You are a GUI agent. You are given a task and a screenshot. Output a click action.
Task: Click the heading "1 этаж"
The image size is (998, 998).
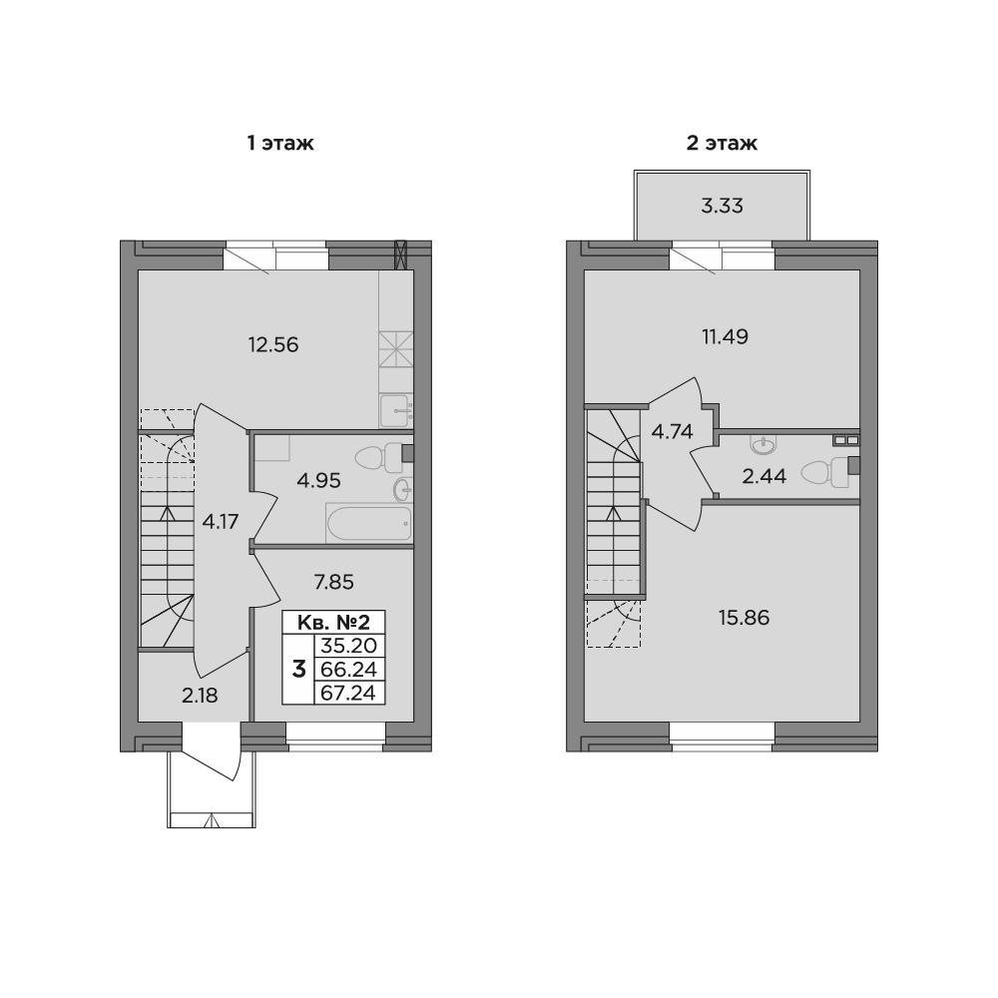pyautogui.click(x=280, y=143)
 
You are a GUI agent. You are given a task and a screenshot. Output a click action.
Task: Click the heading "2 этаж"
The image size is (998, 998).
pyautogui.click(x=722, y=143)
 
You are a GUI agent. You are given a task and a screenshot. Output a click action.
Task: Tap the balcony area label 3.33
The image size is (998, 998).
pyautogui.click(x=722, y=206)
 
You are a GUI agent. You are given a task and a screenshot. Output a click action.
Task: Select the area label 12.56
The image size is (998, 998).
pyautogui.click(x=273, y=344)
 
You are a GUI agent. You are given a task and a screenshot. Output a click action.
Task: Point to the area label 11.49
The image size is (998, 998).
pyautogui.click(x=725, y=336)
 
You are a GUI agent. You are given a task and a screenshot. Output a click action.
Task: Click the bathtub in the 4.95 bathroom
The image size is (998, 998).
pyautogui.click(x=369, y=523)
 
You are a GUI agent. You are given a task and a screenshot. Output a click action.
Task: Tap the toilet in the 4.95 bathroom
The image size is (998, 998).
pyautogui.click(x=378, y=457)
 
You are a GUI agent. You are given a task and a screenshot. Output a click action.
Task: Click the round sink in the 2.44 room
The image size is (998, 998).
pyautogui.click(x=763, y=445)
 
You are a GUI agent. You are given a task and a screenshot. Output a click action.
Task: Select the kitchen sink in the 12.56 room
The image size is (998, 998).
pyautogui.click(x=396, y=410)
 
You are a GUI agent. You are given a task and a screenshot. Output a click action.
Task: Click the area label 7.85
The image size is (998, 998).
pyautogui.click(x=334, y=582)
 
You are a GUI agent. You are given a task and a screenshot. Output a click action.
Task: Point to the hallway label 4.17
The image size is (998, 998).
pyautogui.click(x=221, y=522)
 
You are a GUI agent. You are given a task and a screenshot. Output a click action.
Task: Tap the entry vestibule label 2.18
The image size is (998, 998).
pyautogui.click(x=200, y=696)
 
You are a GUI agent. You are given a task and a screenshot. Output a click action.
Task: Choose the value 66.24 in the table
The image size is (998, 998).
pyautogui.click(x=348, y=669)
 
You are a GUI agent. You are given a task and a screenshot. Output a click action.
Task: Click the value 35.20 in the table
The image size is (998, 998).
pyautogui.click(x=348, y=646)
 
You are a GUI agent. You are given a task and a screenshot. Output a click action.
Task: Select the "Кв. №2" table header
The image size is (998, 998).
pyautogui.click(x=333, y=621)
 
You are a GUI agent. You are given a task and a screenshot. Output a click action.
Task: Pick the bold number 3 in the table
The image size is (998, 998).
pyautogui.click(x=298, y=670)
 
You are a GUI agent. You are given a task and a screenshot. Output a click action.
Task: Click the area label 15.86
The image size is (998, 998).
pyautogui.click(x=745, y=618)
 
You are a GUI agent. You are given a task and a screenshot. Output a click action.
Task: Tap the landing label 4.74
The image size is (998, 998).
pyautogui.click(x=672, y=431)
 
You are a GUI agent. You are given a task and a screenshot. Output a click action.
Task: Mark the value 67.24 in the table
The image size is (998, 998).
pyautogui.click(x=348, y=693)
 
